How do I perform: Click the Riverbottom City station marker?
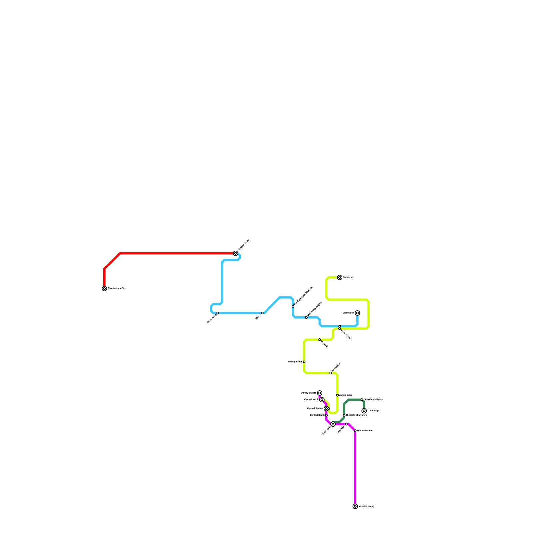104,289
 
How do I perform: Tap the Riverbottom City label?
117,289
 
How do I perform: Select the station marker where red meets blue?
236,253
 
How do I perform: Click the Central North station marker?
322,400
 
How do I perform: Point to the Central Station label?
315,408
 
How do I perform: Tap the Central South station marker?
326,415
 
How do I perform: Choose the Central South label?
317,415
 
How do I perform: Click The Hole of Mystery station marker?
344,415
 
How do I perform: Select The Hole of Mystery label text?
356,415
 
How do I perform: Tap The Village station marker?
364,411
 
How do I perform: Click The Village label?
373,411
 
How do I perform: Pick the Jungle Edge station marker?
337,395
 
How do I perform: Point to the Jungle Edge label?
346,395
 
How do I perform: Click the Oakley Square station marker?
320,393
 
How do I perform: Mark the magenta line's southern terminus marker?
355,506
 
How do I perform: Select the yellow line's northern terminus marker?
340,278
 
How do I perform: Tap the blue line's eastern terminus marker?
357,313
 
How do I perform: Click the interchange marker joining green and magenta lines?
333,424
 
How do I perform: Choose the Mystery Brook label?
295,362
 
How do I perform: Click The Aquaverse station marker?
355,431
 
